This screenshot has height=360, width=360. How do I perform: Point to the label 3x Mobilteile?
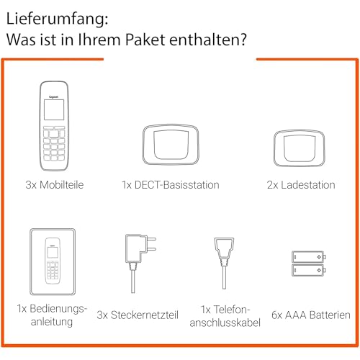pos(54,185)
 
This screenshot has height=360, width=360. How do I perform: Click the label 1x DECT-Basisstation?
pos(171,185)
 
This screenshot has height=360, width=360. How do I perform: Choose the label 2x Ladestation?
pos(301,185)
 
